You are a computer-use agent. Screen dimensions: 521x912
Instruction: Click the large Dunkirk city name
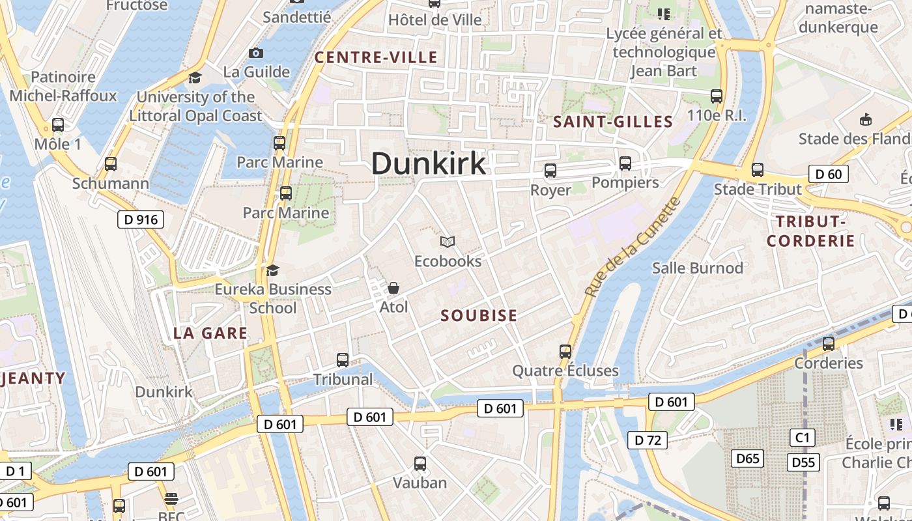click(429, 163)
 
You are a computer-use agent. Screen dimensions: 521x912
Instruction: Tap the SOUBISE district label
click(479, 316)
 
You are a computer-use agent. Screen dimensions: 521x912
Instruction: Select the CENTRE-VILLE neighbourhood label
click(376, 58)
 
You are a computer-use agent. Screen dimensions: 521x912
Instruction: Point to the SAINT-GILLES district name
click(612, 122)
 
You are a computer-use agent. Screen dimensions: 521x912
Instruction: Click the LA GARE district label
click(210, 333)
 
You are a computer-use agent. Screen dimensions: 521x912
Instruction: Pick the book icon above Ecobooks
click(447, 242)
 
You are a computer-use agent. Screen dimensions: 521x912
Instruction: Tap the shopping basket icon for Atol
click(393, 288)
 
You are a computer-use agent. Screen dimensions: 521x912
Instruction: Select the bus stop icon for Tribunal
click(343, 360)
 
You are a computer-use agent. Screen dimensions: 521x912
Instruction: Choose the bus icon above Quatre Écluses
click(565, 352)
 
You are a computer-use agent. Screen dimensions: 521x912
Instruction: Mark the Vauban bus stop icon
click(420, 464)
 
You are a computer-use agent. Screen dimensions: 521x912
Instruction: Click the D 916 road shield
click(141, 219)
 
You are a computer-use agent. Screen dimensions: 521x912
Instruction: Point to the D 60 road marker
click(828, 174)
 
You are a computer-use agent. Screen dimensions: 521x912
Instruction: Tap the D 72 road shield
click(648, 440)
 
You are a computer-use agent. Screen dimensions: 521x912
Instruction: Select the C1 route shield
click(803, 437)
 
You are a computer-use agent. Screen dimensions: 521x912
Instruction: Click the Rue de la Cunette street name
click(632, 247)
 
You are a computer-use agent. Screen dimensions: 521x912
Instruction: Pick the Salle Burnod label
click(698, 268)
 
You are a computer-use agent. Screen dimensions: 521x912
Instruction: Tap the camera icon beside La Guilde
click(256, 53)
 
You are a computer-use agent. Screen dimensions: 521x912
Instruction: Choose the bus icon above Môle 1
click(58, 125)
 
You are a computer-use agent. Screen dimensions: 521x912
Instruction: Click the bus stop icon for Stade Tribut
click(758, 170)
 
